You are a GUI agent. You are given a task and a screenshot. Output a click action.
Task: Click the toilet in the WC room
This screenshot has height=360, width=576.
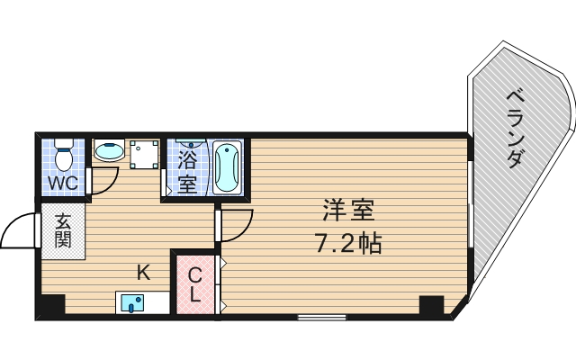tap(63, 156)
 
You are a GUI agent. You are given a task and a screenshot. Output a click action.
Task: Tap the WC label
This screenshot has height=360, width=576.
tap(63, 184)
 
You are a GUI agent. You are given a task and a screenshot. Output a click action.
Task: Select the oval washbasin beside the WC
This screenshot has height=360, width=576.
tap(109, 150)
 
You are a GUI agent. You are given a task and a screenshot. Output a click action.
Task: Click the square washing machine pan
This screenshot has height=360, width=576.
tap(144, 154)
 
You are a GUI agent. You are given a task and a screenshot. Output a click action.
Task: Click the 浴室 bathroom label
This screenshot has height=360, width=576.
tap(187, 173)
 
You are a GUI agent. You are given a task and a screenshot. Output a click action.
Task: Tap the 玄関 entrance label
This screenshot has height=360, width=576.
tap(63, 231)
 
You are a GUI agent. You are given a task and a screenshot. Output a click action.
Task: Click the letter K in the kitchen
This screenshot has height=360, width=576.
tap(143, 271)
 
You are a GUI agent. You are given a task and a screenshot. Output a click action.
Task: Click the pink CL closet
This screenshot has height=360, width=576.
tap(195, 283)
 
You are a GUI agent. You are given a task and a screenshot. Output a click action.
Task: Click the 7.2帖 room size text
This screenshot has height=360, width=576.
tap(346, 243)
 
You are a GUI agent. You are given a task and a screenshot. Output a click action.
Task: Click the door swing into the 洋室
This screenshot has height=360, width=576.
tap(236, 225)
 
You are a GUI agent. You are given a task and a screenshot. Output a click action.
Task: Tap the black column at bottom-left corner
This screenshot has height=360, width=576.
tap(50, 305)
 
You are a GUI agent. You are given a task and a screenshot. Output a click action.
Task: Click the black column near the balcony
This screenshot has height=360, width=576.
tap(432, 304)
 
